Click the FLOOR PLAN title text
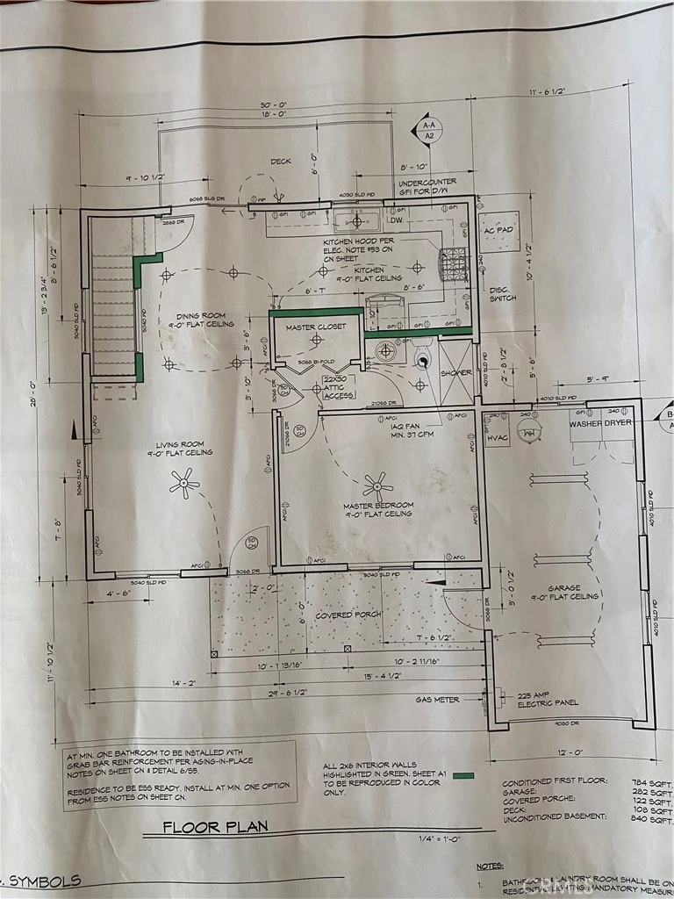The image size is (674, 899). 214,826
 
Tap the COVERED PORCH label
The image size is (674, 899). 348,615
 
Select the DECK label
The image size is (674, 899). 281,162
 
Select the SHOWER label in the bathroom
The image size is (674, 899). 455,372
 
